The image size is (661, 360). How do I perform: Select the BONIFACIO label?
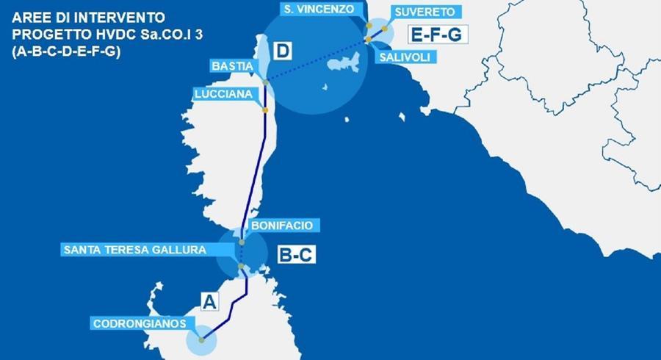pos(281,225)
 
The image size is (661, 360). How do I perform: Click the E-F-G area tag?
pos(433,34)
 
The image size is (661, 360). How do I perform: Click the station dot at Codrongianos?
pos(201,340)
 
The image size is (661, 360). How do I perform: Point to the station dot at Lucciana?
pos(265,109)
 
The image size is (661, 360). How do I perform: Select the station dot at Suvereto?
pos(384,29)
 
